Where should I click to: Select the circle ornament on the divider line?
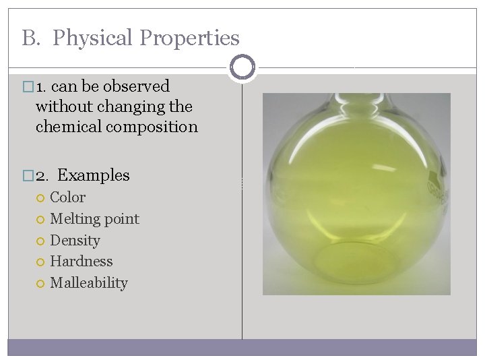242,67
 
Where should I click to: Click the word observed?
136,86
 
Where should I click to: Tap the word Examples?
94,175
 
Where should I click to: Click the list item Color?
68,198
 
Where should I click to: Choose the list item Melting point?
94,219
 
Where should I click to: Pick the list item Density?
75,240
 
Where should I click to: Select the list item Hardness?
82,262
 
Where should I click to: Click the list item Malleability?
89,283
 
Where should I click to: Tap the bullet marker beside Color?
41,198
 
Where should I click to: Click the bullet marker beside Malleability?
41,284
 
